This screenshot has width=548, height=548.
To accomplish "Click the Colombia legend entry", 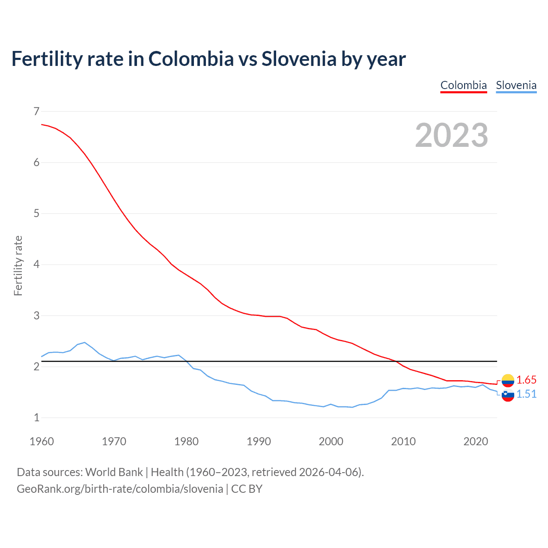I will click(x=464, y=85).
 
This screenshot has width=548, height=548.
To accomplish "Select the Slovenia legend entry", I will click(x=516, y=85).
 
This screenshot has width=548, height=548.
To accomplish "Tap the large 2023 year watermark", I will click(x=452, y=135).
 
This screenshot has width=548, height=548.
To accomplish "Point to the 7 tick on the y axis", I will click(x=36, y=111).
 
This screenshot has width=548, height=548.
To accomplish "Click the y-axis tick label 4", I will click(x=36, y=265).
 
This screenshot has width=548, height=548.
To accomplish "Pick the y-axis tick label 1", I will click(x=36, y=417).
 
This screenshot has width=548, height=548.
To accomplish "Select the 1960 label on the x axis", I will click(x=42, y=441).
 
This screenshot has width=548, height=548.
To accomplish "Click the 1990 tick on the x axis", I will click(x=259, y=441).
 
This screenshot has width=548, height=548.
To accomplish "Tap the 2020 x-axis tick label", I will click(x=476, y=441).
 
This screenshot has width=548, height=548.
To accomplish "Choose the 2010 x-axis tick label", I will click(x=403, y=441).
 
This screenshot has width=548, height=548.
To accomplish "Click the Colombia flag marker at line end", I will click(x=508, y=380).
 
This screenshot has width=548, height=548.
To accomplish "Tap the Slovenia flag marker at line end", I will click(x=508, y=395).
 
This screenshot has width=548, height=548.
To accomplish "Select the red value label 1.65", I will click(x=526, y=380).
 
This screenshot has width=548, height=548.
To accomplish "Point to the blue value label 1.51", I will click(x=526, y=394).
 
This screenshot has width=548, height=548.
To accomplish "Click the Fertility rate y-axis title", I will click(x=18, y=265).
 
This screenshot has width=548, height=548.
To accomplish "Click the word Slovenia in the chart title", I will click(x=299, y=59).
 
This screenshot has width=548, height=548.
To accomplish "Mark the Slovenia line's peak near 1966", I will click(x=85, y=342).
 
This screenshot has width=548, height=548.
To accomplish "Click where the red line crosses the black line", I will click(x=396, y=361).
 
